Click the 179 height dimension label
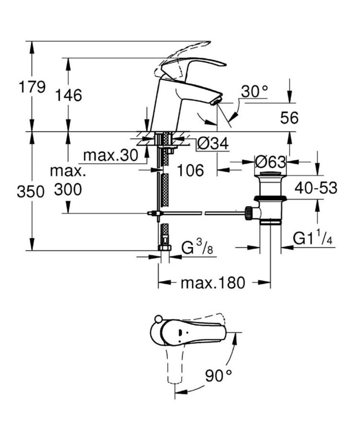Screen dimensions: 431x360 [32, 87]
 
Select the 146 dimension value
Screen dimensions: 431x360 [68, 96]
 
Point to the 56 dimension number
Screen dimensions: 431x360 [289, 118]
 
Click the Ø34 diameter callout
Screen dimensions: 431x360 [213, 144]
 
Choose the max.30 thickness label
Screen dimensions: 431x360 [110, 155]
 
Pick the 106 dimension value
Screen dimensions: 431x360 [190, 171]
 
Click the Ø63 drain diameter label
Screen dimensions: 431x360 [270, 162]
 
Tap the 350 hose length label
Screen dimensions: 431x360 [31, 192]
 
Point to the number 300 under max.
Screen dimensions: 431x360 [68, 190]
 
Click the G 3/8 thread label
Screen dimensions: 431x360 [197, 248]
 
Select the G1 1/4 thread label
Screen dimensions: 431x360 [312, 239]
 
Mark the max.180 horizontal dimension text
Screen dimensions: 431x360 [213, 282]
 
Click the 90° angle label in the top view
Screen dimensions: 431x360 [218, 376]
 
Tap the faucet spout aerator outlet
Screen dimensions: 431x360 [216, 102]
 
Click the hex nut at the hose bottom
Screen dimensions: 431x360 [164, 248]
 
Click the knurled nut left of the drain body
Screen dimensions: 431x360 [249, 213]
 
